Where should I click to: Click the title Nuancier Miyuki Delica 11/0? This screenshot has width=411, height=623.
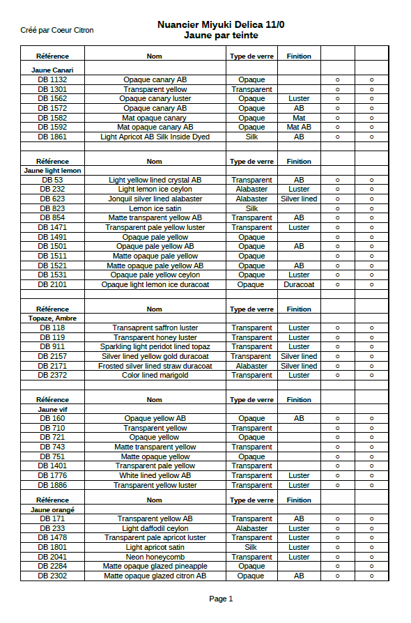coord(221,25)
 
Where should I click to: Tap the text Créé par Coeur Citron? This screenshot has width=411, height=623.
coord(57,30)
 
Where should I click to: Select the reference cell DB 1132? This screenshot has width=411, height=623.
coord(53,80)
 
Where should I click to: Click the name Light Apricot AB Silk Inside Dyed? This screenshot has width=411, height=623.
coord(155,137)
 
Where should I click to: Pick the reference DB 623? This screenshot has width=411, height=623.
coord(53,199)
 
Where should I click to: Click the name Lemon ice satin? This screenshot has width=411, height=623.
coord(155,208)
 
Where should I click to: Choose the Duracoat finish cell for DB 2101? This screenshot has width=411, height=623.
coord(299,284)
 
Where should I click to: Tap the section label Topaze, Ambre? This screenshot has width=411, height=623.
coord(53,318)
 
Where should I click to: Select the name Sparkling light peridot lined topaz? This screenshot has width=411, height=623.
coord(155,346)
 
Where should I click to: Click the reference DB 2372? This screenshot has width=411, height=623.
coord(53,375)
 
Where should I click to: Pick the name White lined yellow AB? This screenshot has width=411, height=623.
coord(155,475)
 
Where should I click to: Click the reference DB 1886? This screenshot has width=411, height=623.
coord(53,485)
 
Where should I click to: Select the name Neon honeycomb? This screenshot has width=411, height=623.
coord(155,557)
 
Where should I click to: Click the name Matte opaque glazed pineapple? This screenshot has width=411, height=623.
coord(155,567)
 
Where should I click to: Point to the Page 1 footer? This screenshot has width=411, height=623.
coord(221,599)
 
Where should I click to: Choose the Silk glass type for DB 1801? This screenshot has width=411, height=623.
coord(251,548)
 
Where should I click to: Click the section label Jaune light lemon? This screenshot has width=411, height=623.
coord(53,170)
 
